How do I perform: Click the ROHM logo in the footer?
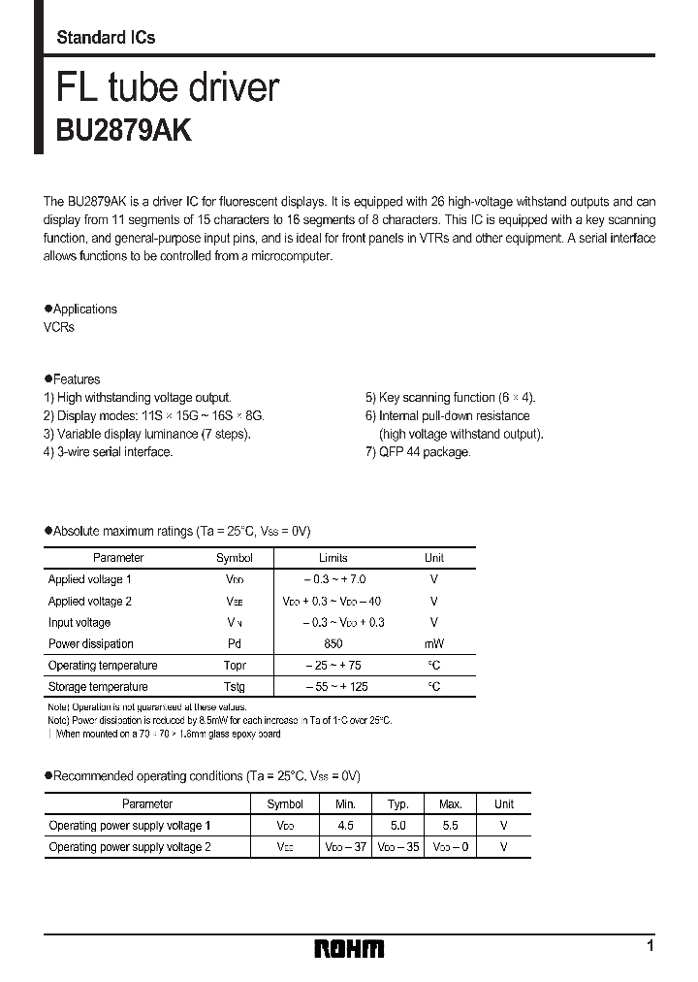point(349,948)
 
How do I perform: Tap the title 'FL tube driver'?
point(168,87)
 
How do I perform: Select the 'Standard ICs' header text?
point(106,38)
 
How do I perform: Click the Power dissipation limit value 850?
point(333,644)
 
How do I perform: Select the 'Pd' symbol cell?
point(235,644)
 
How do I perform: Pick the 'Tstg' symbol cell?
point(235,687)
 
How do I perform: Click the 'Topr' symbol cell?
point(235,666)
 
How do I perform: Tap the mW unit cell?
point(433,644)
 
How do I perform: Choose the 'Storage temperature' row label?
point(97,687)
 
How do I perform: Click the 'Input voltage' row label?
point(79,622)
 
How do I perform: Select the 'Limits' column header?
point(333,558)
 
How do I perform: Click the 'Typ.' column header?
point(397,803)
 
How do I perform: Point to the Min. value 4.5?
point(344,825)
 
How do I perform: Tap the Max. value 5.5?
point(450,825)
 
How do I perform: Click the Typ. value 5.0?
point(397,825)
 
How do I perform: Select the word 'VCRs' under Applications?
point(59,327)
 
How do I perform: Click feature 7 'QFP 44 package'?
point(417,452)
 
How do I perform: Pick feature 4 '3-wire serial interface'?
point(108,452)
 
